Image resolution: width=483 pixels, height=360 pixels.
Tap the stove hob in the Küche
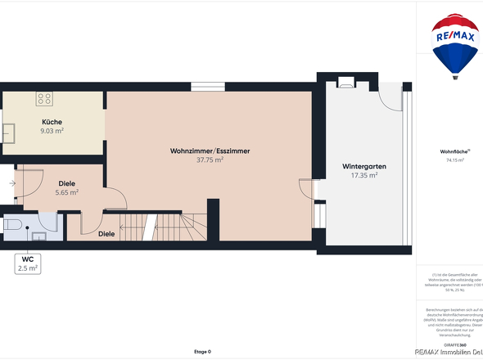[x=44, y=99]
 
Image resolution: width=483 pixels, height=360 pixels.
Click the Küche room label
[x=52, y=122]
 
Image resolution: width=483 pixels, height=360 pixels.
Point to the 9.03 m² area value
[x=52, y=130]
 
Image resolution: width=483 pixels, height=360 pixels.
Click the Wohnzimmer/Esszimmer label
[x=210, y=151]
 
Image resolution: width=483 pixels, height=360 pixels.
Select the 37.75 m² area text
[x=210, y=160]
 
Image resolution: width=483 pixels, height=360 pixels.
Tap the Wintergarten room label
[x=363, y=166]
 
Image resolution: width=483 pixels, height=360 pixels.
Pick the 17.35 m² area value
[x=363, y=175]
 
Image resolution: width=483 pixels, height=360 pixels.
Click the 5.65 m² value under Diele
[x=66, y=192]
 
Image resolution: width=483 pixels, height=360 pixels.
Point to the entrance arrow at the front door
[x=11, y=183]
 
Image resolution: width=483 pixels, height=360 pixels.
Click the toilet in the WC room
[x=12, y=223]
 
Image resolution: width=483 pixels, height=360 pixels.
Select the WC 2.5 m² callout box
[x=27, y=263]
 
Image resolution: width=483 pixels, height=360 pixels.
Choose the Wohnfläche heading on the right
[x=453, y=151]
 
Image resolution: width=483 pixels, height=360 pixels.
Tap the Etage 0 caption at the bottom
[x=202, y=351]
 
